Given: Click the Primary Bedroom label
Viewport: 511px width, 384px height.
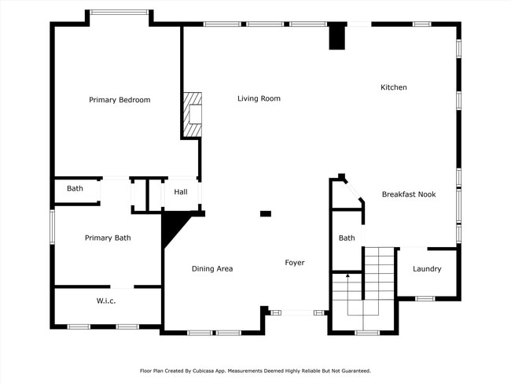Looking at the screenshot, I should click(119, 100).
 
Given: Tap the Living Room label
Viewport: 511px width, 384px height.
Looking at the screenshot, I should click(259, 98).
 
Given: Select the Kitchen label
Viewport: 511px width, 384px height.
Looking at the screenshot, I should click(394, 87).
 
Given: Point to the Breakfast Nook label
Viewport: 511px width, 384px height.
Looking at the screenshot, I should click(409, 194).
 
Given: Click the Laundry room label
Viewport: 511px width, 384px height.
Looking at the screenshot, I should click(427, 269).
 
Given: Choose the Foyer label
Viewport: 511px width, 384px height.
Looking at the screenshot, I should click(295, 263).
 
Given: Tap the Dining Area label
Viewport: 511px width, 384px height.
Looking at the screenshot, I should click(212, 269).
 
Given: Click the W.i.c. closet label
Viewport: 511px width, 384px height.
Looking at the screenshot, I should click(106, 301).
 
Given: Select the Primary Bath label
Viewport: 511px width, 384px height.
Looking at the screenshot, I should click(108, 238).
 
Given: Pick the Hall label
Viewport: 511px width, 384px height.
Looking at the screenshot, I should click(181, 192).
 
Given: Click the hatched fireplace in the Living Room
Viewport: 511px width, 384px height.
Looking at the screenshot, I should click(193, 114).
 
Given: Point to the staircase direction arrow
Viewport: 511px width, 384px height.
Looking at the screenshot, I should click(348, 277).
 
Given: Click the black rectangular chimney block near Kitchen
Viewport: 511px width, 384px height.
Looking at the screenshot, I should click(337, 38).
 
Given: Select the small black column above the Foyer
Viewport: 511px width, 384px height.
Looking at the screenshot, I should click(266, 213).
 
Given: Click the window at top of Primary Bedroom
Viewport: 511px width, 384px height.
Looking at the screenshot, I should click(119, 12).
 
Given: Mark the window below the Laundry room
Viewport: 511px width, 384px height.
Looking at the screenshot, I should click(425, 298).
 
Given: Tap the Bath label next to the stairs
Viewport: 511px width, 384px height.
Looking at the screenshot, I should click(347, 238).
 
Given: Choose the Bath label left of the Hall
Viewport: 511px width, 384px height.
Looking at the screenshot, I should click(75, 189).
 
